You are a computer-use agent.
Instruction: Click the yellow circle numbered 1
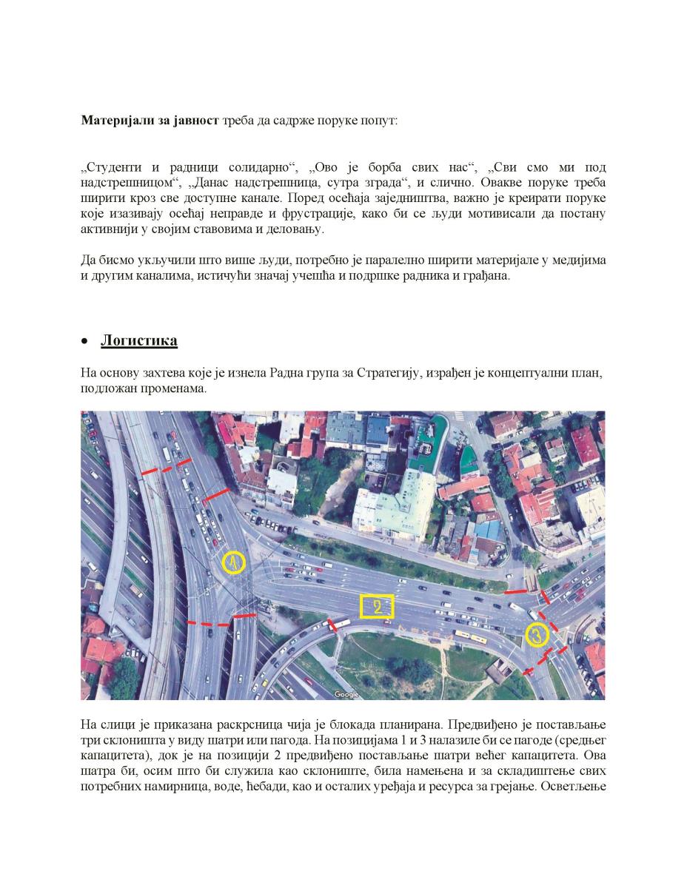233,564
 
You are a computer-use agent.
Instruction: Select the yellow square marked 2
377,607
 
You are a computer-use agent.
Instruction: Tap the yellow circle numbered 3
537,634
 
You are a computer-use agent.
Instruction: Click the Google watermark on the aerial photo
346,694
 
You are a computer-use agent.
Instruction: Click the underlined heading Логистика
138,340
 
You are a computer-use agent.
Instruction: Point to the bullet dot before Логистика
85,342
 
